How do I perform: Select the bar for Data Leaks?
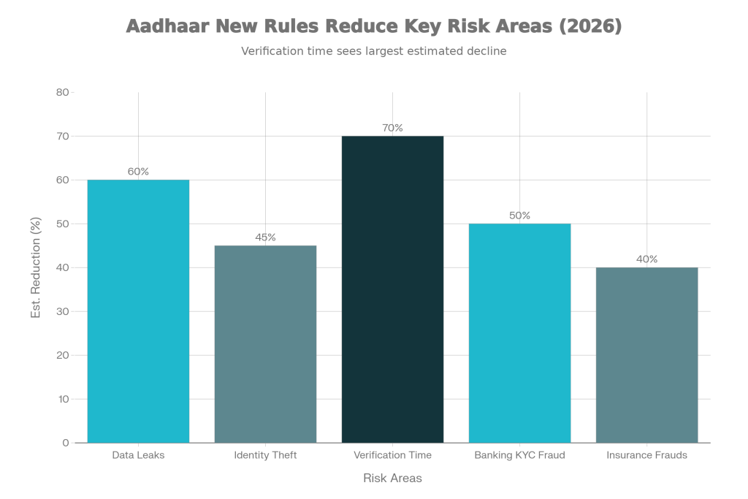point(138,311)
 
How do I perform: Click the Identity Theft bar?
point(265,343)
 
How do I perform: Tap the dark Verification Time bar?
point(392,289)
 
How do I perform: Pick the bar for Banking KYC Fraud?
point(519,332)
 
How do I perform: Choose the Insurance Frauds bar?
point(646,354)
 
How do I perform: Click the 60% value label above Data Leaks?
point(138,172)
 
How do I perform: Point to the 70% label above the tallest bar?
point(392,128)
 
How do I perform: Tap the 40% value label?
point(646,259)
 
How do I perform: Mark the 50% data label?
point(519,216)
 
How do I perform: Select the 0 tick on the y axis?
point(66,443)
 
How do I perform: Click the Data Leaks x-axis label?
point(138,455)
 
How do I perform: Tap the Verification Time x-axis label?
point(392,455)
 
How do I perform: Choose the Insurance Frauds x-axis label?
point(646,455)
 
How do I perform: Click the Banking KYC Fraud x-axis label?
point(519,455)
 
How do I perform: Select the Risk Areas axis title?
point(392,478)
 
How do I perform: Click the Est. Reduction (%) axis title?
point(35,267)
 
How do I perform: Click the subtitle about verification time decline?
point(373,52)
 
